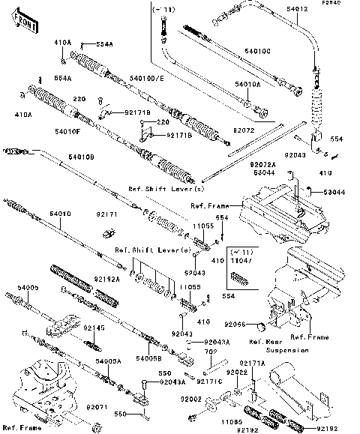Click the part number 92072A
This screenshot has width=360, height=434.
click(x=284, y=163)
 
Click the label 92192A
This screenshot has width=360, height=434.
click(x=108, y=279)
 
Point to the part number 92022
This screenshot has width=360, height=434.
click(x=238, y=373)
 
